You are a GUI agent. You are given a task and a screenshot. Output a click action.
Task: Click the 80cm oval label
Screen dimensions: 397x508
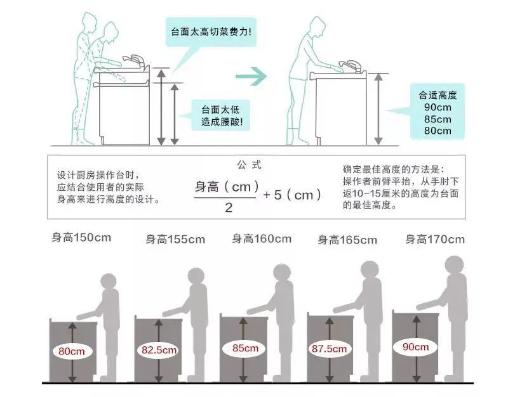point(72,351)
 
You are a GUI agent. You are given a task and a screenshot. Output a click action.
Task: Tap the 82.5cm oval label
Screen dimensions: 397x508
point(159,350)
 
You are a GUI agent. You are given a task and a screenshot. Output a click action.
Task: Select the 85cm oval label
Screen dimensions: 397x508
point(244,348)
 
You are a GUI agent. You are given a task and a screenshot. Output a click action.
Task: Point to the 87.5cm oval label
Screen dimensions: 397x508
point(330,349)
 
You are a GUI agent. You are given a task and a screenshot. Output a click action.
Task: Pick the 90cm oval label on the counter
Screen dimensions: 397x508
point(416,347)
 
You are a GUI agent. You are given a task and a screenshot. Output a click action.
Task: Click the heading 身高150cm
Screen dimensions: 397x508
point(82,238)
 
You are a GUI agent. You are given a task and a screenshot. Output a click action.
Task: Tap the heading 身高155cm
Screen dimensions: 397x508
point(175,240)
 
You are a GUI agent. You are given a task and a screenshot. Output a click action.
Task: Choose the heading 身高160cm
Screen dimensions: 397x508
point(262,239)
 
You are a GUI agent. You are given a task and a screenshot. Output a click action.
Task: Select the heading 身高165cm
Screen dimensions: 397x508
point(347,240)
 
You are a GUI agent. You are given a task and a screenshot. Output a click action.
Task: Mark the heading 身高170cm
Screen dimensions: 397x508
point(435,240)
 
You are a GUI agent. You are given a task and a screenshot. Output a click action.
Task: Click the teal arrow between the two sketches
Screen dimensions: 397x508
point(251,77)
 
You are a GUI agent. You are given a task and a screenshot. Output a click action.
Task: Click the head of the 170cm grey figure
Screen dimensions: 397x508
point(454,265)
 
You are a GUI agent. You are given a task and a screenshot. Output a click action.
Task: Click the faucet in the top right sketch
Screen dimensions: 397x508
point(350,63)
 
